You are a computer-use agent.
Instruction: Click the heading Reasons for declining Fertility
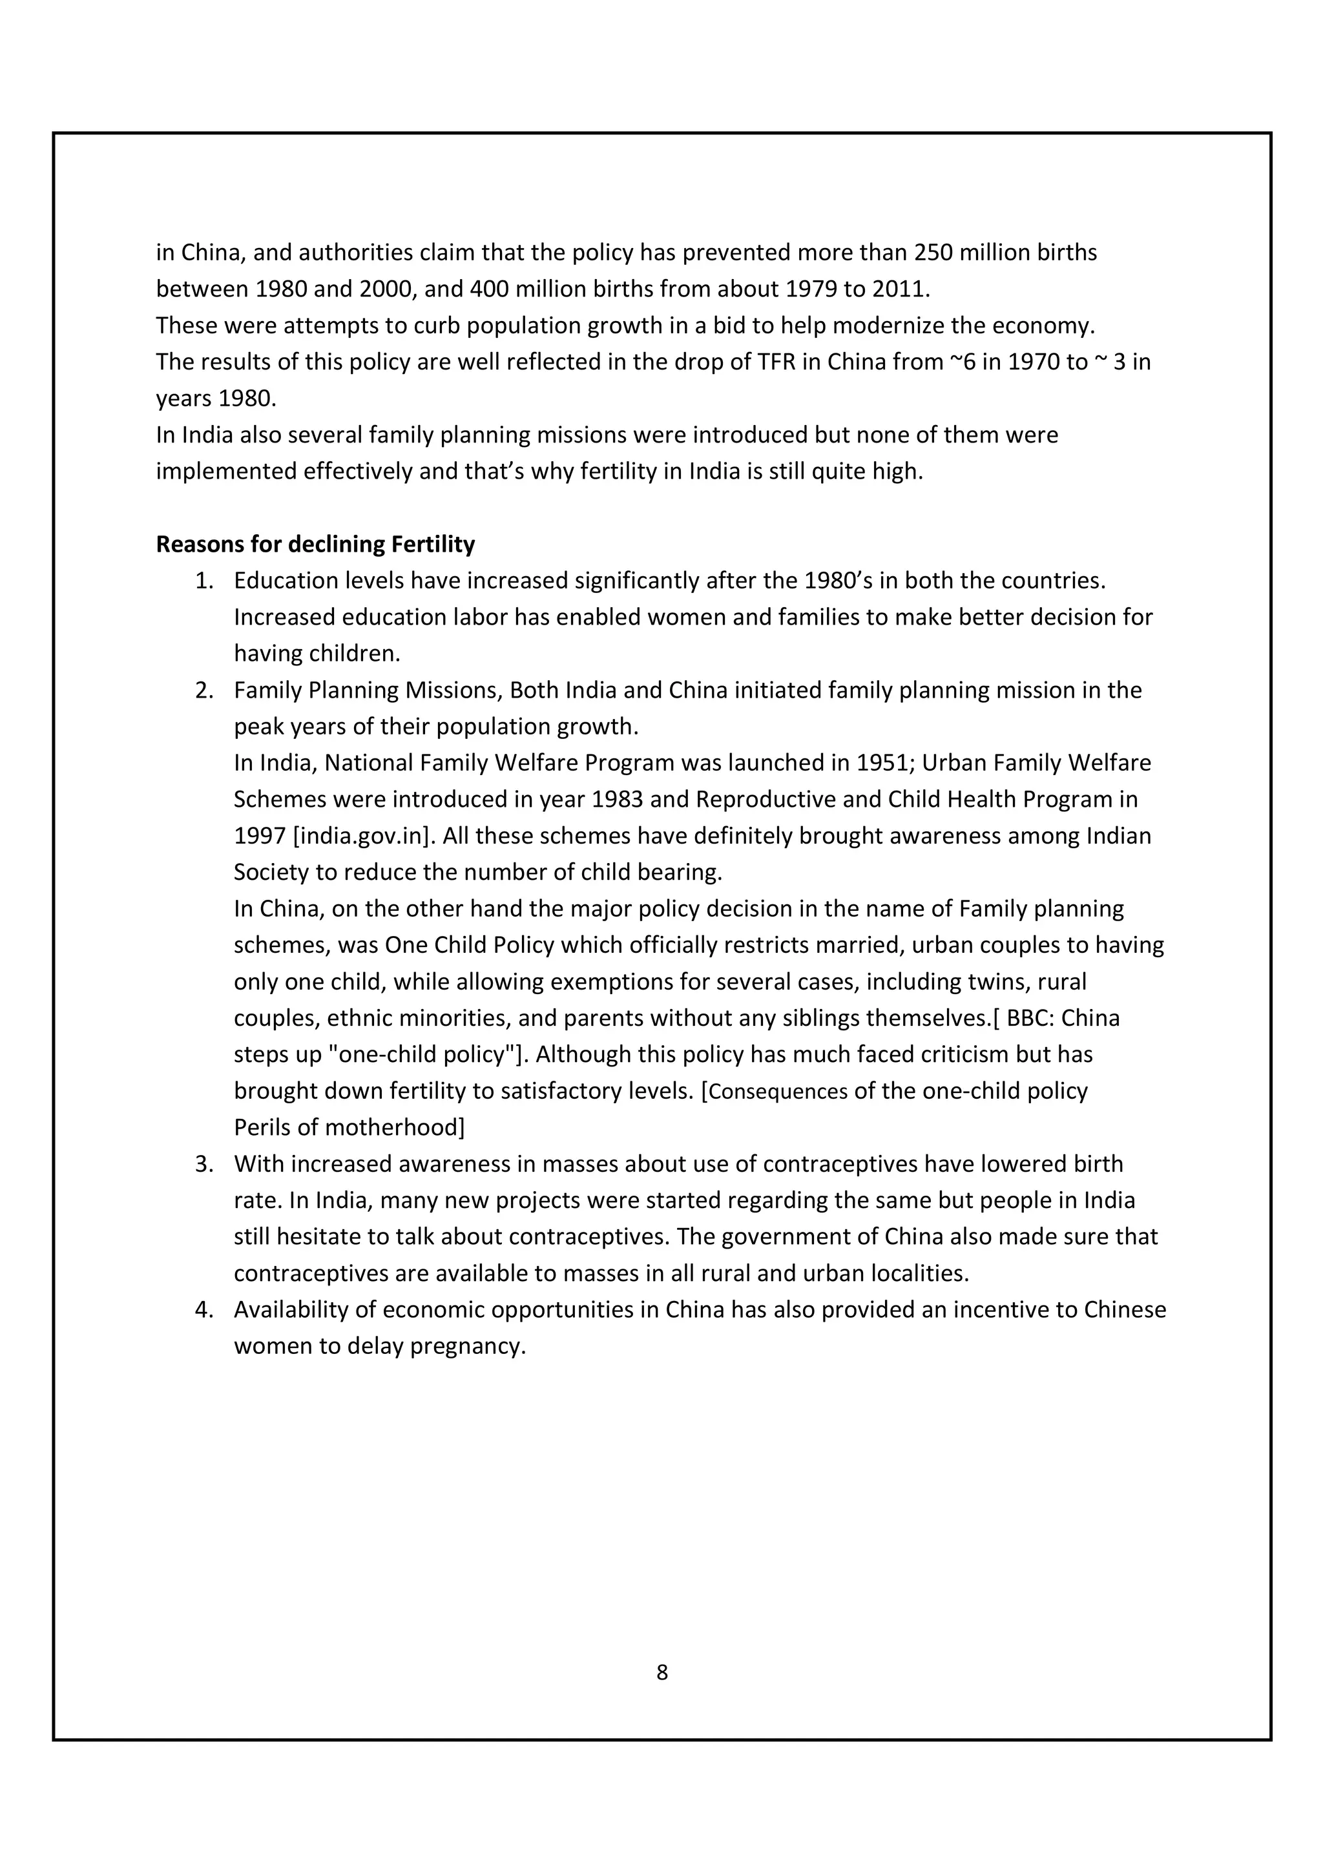pos(315,544)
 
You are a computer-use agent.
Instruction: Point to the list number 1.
pos(203,581)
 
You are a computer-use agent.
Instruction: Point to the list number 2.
pos(203,691)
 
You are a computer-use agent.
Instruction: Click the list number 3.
pos(203,1164)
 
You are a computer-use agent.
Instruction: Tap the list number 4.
pos(203,1310)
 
